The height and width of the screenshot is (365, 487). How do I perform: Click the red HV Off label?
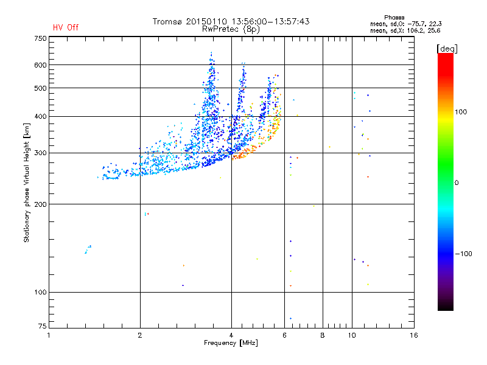(65, 27)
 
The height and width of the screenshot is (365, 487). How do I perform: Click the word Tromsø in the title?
(170, 21)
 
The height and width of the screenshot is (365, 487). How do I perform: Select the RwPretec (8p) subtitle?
(231, 29)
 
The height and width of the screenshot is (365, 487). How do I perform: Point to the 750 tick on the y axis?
(40, 38)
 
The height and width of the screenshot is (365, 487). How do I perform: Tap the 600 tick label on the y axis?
(40, 64)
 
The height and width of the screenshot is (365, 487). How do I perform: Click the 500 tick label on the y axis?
(40, 88)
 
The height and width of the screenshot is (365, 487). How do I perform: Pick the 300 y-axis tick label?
(40, 153)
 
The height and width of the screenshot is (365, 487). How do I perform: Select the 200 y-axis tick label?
(40, 204)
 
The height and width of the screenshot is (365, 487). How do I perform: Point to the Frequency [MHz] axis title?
(231, 343)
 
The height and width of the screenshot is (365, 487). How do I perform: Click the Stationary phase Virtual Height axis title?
(27, 182)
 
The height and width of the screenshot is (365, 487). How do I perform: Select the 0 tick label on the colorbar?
(457, 182)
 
